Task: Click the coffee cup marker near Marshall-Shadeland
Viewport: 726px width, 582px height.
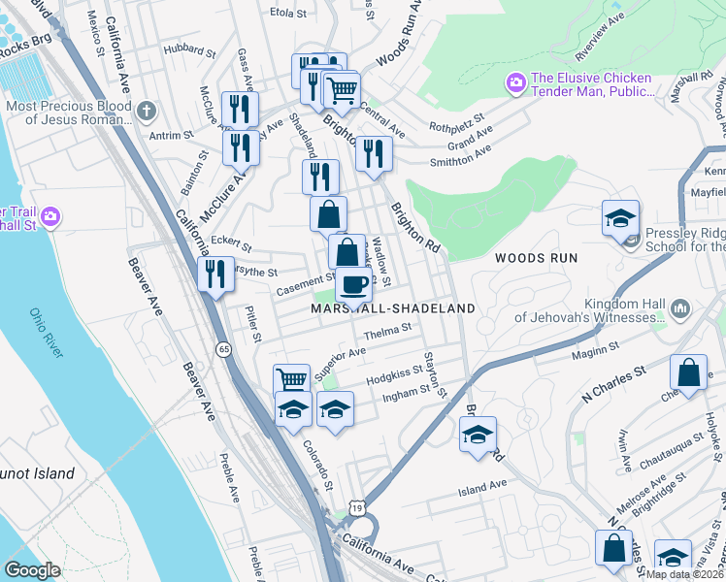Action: [x=353, y=285]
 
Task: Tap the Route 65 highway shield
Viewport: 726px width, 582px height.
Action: [x=224, y=349]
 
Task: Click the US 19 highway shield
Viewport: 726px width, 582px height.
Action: [x=358, y=506]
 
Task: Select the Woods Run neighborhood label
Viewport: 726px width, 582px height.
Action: [x=537, y=258]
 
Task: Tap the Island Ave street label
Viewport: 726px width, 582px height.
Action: [x=482, y=484]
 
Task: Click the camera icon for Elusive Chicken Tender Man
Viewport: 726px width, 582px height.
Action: [x=516, y=83]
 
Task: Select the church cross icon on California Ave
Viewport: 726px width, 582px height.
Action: [x=147, y=111]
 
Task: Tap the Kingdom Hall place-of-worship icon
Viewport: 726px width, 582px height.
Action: [x=679, y=309]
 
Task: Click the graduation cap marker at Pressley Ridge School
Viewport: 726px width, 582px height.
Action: [x=620, y=219]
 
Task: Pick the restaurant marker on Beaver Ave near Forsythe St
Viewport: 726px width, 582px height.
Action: [x=214, y=274]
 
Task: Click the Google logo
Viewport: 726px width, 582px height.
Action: [x=33, y=570]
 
